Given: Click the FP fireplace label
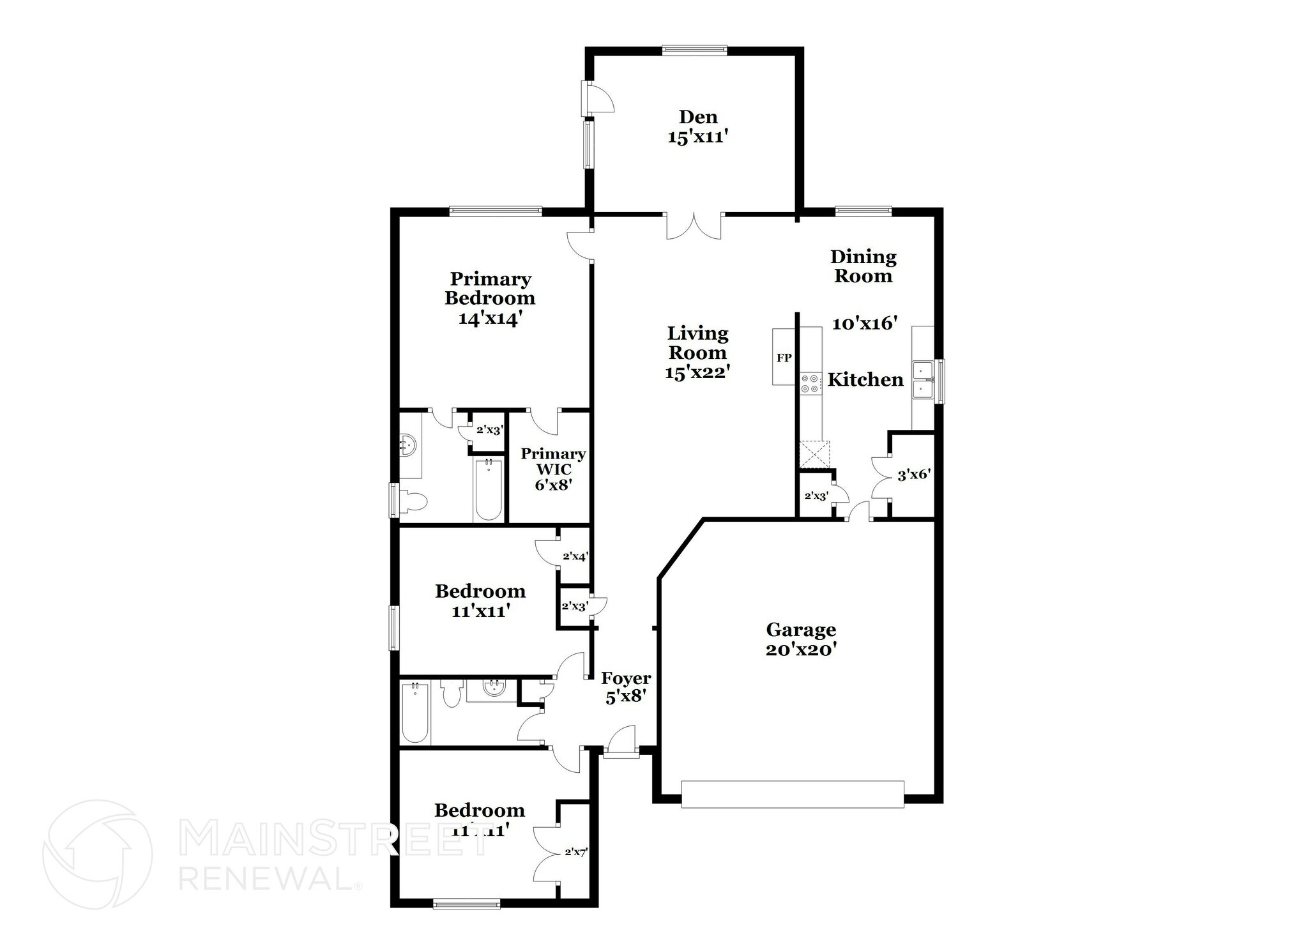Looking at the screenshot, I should [784, 358].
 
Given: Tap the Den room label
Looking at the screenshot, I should [698, 117].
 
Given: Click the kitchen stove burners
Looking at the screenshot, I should [809, 383].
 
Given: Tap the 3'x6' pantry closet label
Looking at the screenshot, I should [914, 475].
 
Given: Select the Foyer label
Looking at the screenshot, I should [625, 678].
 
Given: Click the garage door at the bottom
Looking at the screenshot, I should [792, 794].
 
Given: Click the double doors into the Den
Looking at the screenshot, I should [694, 227].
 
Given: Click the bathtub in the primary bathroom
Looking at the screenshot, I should [489, 491].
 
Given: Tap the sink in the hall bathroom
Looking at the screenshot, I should [492, 689].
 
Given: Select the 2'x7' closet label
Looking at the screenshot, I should [575, 851].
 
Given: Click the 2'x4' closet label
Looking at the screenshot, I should [575, 556].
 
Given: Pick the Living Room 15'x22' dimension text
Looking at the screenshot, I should [697, 372].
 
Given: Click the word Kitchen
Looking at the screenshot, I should [865, 379].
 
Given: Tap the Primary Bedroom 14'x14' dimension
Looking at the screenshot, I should [490, 318].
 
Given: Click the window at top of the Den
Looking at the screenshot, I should [694, 50].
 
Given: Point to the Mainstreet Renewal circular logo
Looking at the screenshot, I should [97, 855].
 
